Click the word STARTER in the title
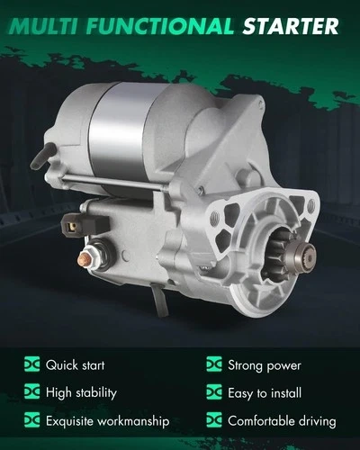click(x=291, y=26)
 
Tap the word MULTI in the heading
click(x=44, y=26)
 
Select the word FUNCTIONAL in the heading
click(x=160, y=26)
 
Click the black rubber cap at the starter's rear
click(x=42, y=155)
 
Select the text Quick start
click(x=76, y=365)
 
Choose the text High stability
click(x=81, y=392)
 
